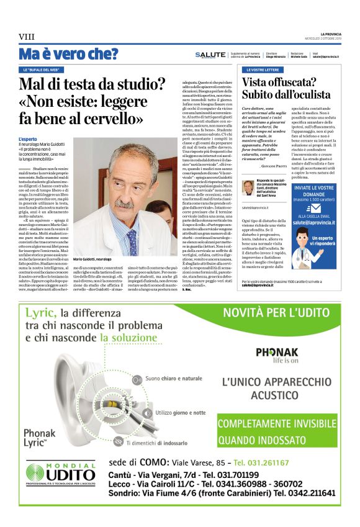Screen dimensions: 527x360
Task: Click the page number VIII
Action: [x=27, y=37]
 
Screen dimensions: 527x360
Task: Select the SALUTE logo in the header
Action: [x=210, y=55]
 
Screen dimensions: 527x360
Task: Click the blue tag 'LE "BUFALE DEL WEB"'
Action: [x=42, y=70]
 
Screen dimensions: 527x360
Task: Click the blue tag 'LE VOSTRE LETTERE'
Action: [x=261, y=70]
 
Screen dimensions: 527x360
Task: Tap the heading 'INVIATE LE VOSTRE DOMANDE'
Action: [x=312, y=191]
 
